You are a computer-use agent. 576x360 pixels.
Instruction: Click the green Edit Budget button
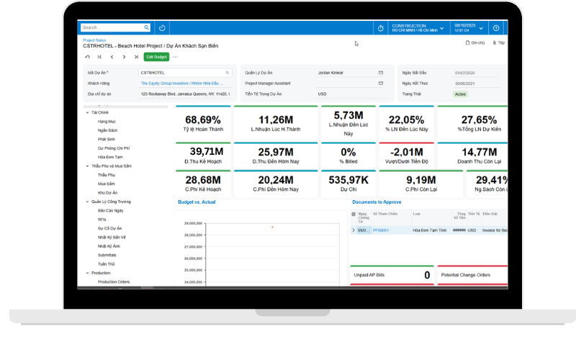click(x=156, y=57)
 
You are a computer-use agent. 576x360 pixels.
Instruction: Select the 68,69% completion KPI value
click(x=203, y=120)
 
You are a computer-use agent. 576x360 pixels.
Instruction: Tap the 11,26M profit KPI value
click(x=275, y=120)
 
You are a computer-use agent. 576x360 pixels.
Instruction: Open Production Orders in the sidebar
click(x=113, y=282)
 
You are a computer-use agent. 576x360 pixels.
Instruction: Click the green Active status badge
click(x=461, y=94)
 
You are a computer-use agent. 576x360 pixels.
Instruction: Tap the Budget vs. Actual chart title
click(x=197, y=202)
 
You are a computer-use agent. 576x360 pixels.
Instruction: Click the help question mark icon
click(x=496, y=28)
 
